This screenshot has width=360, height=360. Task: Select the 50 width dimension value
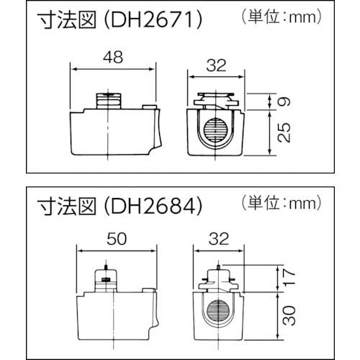116,238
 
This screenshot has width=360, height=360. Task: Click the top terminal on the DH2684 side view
106,277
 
